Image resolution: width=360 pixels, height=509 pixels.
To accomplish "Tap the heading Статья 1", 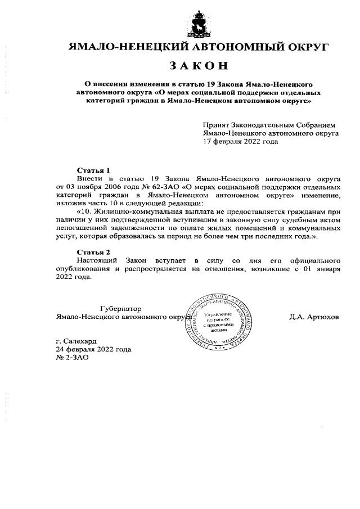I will (92, 169).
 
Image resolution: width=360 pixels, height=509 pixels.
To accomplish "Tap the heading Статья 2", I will (92, 251).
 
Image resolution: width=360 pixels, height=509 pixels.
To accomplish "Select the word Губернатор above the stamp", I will (120, 309).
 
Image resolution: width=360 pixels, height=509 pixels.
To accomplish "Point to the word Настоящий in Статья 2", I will (97, 261).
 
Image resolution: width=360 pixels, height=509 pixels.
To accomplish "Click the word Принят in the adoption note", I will (215, 125).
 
